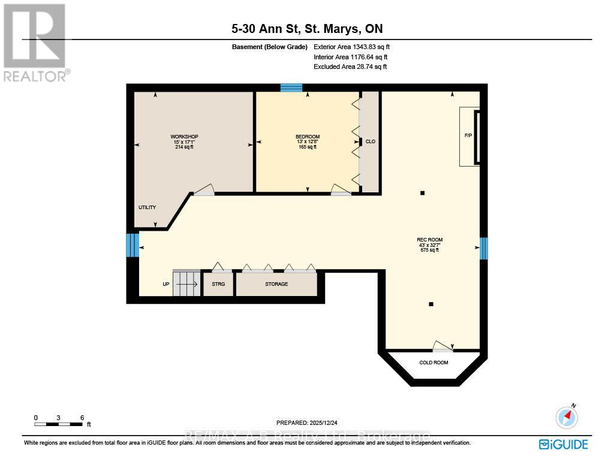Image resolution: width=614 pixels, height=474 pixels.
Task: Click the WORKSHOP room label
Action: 184,137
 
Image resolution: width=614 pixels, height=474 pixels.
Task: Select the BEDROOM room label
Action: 308,137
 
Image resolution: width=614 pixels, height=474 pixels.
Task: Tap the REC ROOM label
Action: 429,240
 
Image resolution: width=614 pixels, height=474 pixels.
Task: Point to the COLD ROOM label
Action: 434,363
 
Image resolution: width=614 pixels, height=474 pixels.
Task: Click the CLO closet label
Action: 371,141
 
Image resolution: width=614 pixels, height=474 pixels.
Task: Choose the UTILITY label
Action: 147,207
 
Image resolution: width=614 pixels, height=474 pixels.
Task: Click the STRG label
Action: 218,284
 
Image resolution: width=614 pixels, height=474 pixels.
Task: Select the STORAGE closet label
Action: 276,284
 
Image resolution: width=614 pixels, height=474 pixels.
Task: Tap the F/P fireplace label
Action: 468,135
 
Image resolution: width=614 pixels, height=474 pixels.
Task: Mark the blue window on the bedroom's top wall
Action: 291,88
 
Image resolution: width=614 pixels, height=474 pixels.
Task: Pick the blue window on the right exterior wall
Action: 484,248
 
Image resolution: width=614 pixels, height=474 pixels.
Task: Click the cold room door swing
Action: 443,345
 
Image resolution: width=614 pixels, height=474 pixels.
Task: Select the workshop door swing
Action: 203,190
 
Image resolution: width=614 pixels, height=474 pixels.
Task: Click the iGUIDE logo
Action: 563,444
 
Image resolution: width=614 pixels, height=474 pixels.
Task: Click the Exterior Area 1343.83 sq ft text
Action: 352,47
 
